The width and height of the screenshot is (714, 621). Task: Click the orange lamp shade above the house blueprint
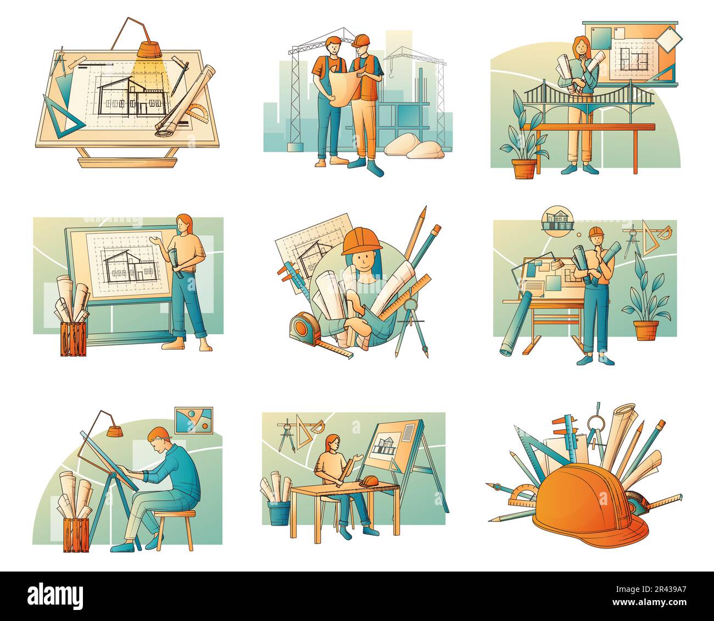coord(149,49)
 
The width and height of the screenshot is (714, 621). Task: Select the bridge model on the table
coord(588,99)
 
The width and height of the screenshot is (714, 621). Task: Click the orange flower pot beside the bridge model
coord(525,168)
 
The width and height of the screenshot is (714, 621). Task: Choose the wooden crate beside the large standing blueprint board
coord(74,339)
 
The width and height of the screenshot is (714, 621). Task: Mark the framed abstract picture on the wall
coord(193,421)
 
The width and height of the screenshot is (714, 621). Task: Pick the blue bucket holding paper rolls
coord(279,512)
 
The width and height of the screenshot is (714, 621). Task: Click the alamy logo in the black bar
coord(55,595)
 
